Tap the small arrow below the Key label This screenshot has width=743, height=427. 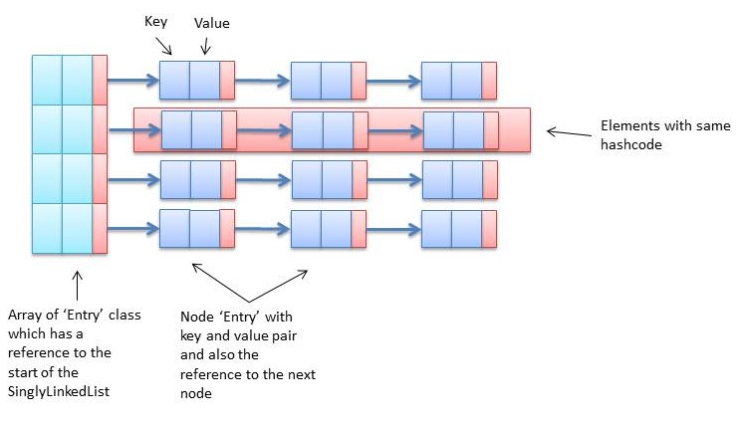pos(164,44)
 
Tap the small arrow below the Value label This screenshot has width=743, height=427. pos(205,44)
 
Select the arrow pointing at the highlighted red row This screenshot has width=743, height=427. pos(567,131)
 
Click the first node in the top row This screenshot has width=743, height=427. pos(196,80)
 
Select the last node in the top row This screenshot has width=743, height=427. pos(458,80)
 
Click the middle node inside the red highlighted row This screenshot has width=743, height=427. pos(329,129)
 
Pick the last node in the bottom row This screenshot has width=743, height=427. pos(458,228)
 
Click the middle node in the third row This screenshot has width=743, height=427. pos(328,180)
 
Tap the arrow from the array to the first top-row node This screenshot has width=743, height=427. pos(133,81)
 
